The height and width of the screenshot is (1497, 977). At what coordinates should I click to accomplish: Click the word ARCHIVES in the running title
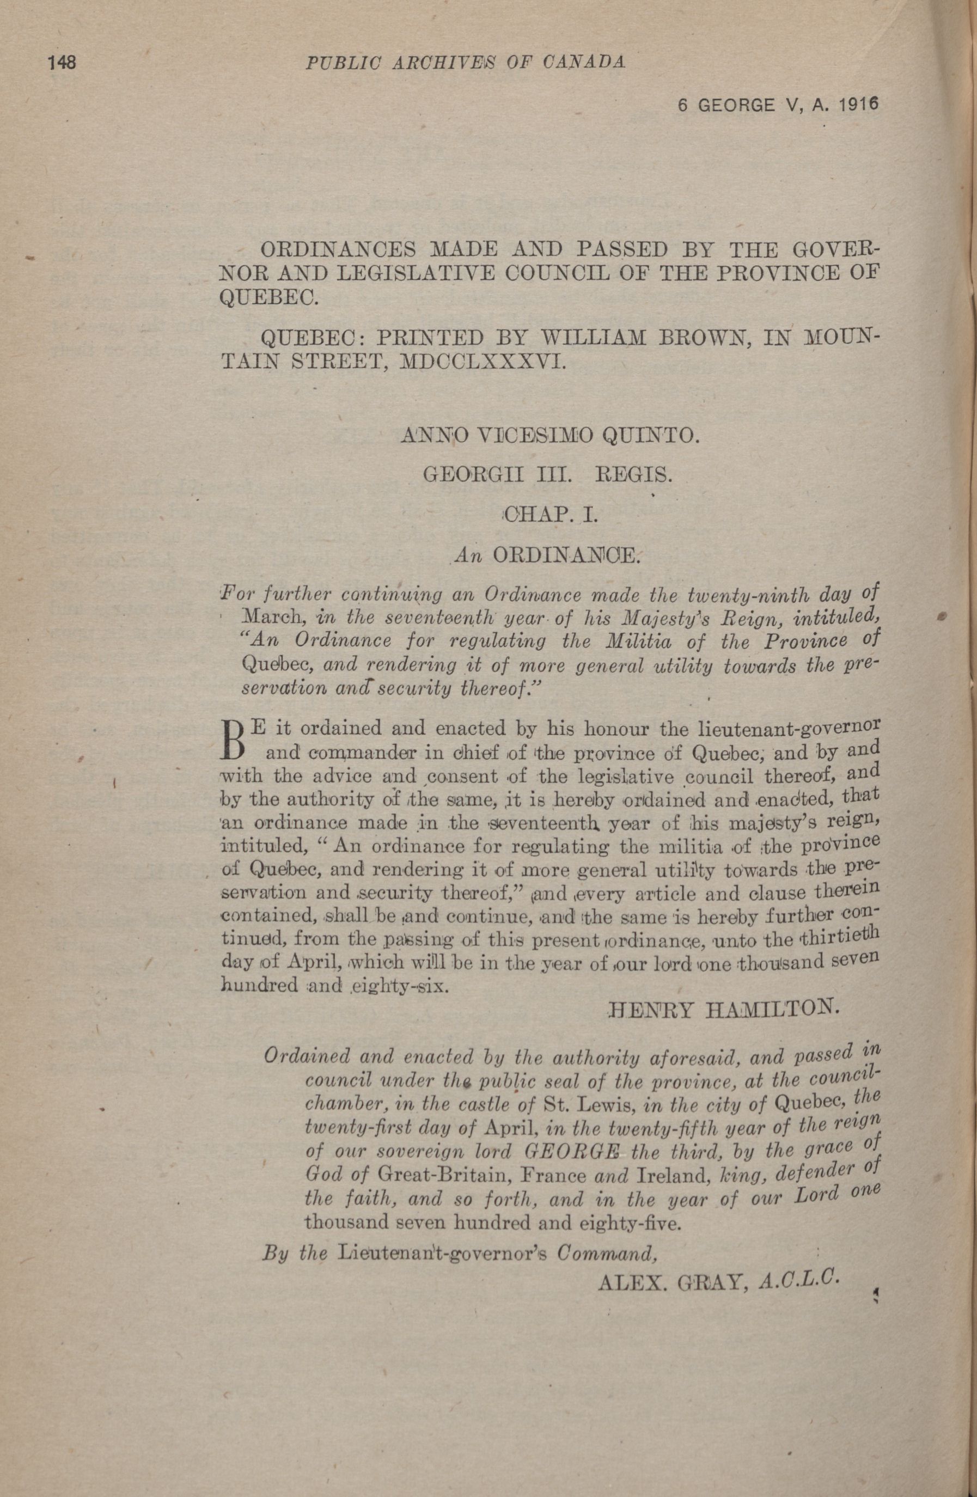click(x=451, y=62)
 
